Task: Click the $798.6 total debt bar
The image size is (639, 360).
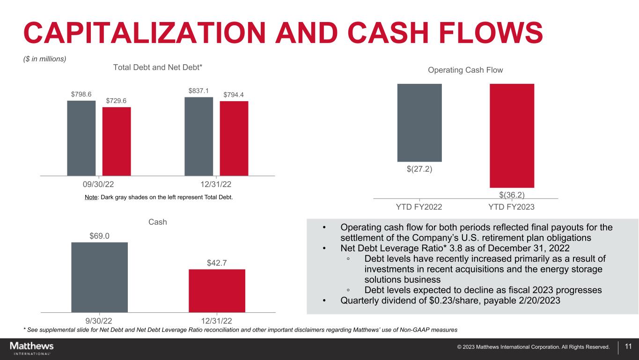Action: coord(81,138)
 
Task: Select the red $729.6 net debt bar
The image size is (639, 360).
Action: coord(117,141)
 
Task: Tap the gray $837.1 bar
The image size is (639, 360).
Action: coord(198,136)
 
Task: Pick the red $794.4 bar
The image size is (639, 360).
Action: coord(234,138)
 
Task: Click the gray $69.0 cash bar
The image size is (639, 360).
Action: coord(99,277)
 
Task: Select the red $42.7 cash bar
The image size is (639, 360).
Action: coord(217,290)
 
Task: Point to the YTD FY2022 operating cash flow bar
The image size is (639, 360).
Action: coord(419,123)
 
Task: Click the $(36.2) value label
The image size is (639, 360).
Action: coord(512,194)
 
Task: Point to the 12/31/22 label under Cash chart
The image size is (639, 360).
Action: coord(217,321)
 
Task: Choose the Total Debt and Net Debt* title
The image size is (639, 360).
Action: coord(158,67)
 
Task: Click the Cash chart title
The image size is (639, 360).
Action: coord(158,222)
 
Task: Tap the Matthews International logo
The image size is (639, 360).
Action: coord(32,348)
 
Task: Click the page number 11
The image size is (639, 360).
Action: coord(628,347)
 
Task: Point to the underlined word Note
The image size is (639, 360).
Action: coord(91,197)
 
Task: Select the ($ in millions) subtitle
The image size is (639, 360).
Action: coord(45,59)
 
